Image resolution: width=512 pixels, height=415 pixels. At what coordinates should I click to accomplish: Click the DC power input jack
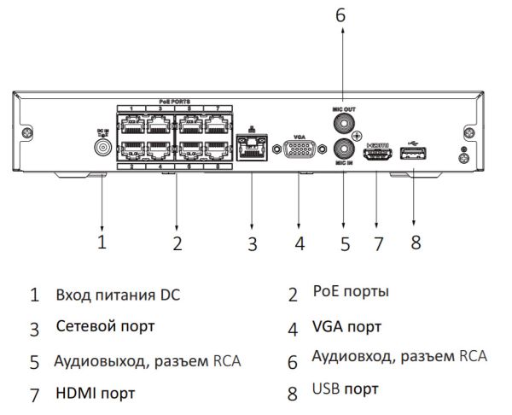tap(102, 148)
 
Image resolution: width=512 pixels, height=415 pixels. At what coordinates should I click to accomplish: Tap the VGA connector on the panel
tap(298, 151)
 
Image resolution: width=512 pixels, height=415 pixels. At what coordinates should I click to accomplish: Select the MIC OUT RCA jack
tap(344, 123)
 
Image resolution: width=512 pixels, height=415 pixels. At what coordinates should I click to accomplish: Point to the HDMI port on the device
tap(376, 154)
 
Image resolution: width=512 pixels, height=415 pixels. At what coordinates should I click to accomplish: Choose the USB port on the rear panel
tap(412, 153)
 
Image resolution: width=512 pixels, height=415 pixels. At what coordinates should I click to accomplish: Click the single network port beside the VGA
tap(252, 151)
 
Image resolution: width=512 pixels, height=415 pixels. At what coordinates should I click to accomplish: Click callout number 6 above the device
tap(343, 15)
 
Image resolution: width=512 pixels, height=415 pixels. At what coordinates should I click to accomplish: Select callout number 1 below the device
tap(102, 242)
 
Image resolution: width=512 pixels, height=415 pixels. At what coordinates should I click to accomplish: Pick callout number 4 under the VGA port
tap(299, 243)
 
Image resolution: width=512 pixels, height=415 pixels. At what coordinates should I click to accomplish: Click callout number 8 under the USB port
tap(416, 243)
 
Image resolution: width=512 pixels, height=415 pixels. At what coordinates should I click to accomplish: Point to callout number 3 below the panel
tap(252, 243)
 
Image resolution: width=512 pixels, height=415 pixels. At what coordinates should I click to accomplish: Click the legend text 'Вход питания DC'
tap(117, 295)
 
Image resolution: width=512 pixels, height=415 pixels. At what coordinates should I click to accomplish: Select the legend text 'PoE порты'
tap(350, 292)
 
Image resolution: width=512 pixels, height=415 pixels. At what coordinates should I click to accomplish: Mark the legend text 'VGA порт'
tap(346, 326)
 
